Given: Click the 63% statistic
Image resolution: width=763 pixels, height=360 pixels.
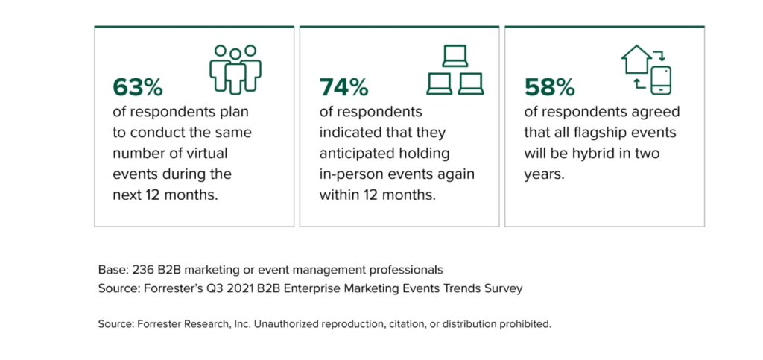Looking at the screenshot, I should coord(138,87).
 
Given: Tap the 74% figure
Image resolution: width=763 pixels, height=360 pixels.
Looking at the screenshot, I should coord(343,87).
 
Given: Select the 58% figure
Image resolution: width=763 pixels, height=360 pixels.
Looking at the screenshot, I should coord(550,87).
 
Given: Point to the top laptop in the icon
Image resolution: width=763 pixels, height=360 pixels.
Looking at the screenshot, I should coord(455,57).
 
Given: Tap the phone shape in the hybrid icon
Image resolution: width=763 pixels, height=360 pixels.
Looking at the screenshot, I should coord(661,79).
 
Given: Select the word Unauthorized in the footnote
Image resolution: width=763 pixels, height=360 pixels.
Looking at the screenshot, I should coord(268,325).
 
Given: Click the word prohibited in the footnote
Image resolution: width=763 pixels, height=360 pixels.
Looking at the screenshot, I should coord(525,325).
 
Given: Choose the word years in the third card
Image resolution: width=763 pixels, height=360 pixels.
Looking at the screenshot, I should coord(545,174).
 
